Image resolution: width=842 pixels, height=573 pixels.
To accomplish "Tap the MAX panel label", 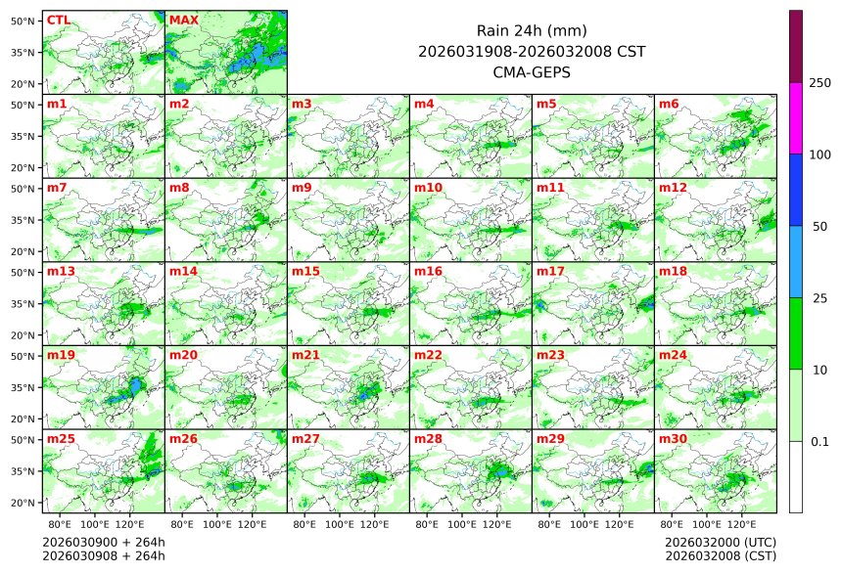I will click(x=183, y=20).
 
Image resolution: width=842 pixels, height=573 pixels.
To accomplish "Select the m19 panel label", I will click(x=61, y=356).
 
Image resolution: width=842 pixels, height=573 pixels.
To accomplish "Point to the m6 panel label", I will click(x=671, y=104).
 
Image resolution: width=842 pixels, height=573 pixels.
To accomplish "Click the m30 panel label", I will click(x=673, y=439).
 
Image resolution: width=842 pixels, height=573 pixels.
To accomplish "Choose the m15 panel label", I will click(x=305, y=272).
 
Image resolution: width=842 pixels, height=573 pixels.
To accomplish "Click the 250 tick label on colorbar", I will click(x=820, y=83).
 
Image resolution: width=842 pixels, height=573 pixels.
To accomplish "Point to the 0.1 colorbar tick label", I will click(x=820, y=441).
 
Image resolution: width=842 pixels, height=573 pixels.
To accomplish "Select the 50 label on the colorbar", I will click(x=820, y=226).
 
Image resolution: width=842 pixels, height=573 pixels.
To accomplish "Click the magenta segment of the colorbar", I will click(x=796, y=118).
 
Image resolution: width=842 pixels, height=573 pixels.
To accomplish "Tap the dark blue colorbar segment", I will click(x=796, y=190).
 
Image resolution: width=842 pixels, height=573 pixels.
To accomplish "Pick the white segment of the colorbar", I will click(x=796, y=476).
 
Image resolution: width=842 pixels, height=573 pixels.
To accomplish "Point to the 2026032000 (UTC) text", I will click(x=720, y=542).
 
